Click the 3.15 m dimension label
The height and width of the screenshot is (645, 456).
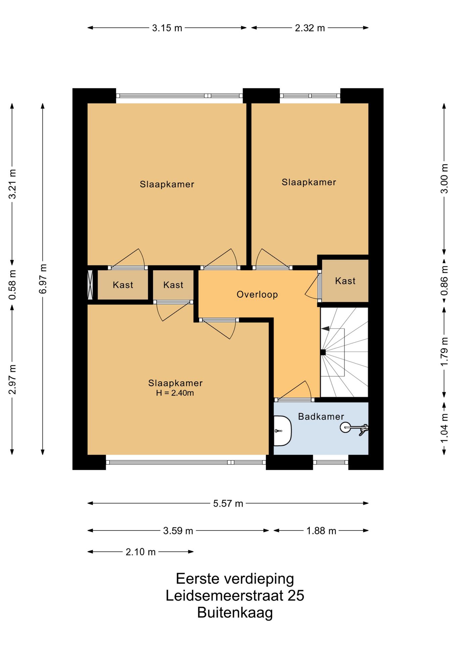tap(167, 28)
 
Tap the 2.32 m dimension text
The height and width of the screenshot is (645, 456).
tap(310, 28)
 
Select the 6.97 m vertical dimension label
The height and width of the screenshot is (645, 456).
tap(43, 279)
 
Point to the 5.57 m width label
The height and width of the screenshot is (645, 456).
tap(228, 504)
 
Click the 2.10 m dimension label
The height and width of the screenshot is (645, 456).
tap(140, 552)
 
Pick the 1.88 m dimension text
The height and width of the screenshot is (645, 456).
tap(321, 531)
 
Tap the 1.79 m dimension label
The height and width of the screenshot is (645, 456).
tap(444, 352)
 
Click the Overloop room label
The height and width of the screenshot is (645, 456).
tap(257, 295)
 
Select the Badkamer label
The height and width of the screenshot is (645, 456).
tap(321, 417)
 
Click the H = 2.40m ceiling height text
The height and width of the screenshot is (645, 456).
tap(175, 393)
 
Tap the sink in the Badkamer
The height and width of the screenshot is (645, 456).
tap(282, 431)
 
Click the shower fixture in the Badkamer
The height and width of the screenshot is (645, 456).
tap(354, 428)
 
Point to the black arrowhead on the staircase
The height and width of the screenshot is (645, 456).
tap(325, 329)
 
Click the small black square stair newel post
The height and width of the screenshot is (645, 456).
tap(323, 352)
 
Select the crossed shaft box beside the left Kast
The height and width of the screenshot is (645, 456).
tap(90, 285)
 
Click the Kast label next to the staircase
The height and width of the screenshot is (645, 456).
tap(345, 281)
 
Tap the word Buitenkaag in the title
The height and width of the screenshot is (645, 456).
tap(235, 612)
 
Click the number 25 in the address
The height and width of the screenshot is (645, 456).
tap(296, 596)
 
